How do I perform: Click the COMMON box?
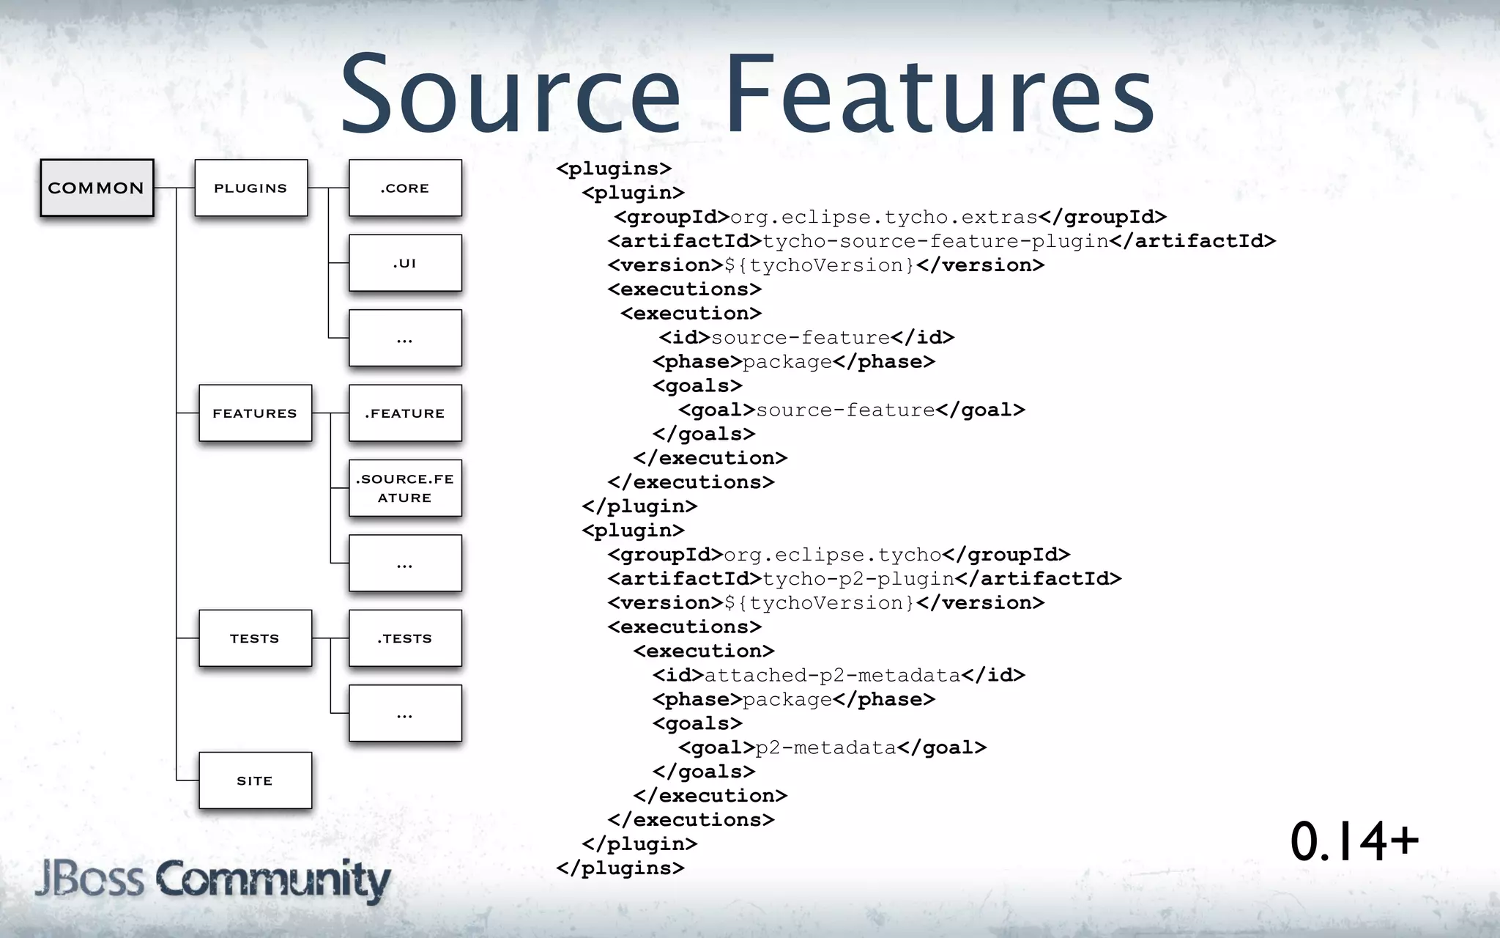(x=97, y=188)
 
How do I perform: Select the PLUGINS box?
(x=251, y=188)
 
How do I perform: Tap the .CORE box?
(x=405, y=188)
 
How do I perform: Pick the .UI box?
(x=405, y=263)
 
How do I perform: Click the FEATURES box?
(x=255, y=413)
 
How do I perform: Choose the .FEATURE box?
(x=405, y=413)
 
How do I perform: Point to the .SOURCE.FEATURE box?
(x=405, y=488)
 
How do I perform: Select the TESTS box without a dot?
(x=255, y=638)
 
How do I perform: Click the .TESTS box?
(x=405, y=638)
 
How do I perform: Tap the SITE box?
(x=255, y=780)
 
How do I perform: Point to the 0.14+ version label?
(x=1354, y=841)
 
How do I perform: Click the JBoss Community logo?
(x=212, y=879)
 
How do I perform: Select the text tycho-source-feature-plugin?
(x=935, y=241)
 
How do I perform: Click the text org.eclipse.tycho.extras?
(x=884, y=217)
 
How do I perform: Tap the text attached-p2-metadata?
(x=832, y=675)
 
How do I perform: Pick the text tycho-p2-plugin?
(x=858, y=579)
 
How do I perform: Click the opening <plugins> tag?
(x=614, y=169)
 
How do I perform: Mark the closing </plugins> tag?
(x=620, y=868)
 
